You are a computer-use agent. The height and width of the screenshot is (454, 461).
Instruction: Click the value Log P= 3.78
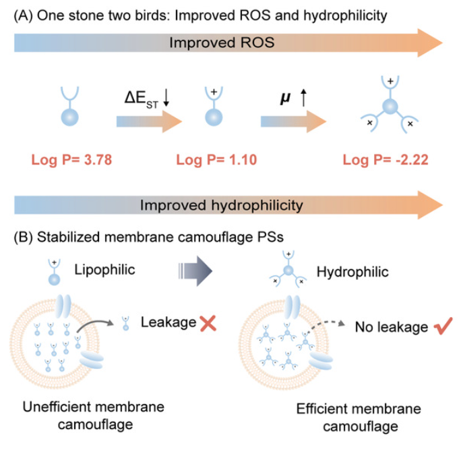click(71, 160)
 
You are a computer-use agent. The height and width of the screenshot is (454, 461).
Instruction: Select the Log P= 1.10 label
click(216, 160)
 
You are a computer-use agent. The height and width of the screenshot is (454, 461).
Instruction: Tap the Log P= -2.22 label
click(386, 160)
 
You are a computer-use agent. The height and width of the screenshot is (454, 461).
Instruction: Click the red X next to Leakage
click(208, 323)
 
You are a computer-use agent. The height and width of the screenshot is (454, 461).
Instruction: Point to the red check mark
click(443, 326)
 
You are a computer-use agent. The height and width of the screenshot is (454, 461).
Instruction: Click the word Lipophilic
click(104, 270)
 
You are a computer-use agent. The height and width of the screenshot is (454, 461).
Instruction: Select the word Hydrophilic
click(352, 272)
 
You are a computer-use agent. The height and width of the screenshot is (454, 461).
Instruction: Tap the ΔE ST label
click(141, 99)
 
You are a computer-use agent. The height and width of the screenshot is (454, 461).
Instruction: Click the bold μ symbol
click(285, 98)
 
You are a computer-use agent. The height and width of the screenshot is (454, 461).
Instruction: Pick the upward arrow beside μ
click(303, 98)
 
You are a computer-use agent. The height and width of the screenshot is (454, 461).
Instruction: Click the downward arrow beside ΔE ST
click(166, 98)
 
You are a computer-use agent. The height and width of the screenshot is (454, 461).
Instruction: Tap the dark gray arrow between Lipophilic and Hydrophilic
click(195, 271)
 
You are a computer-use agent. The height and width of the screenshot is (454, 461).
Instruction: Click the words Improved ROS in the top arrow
click(222, 42)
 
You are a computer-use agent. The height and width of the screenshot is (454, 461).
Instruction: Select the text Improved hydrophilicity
click(221, 205)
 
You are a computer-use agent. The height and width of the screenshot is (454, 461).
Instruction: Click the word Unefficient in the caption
click(57, 407)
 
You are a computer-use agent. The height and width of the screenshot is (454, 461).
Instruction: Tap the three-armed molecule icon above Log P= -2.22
click(390, 105)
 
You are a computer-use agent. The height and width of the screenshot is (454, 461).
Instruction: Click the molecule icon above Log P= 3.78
click(69, 106)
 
